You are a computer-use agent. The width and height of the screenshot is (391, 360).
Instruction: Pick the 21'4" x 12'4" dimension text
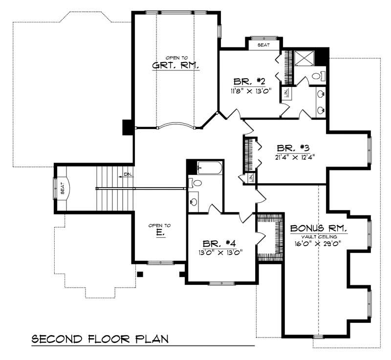pos(293,157)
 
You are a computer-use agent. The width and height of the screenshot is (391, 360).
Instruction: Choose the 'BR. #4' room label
pos(221,243)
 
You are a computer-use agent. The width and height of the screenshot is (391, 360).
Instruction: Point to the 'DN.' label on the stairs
pos(127,174)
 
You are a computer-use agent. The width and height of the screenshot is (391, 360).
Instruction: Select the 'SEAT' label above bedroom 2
pos(263,44)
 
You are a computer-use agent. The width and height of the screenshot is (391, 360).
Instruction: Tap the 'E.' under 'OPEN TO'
pos(160,233)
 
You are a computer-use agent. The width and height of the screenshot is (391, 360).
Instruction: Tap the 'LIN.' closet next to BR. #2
pos(286,93)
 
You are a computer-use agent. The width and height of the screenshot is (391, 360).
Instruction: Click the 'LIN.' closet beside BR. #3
pos(250,178)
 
